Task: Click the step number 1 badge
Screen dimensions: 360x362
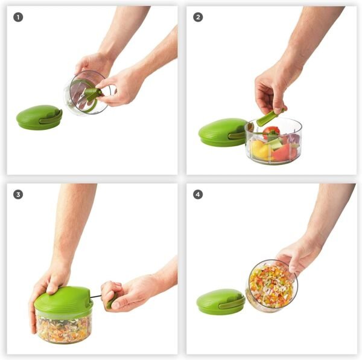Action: tap(18, 17)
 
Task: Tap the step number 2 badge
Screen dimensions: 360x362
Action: tap(197, 17)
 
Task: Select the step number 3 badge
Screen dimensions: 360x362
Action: tap(18, 194)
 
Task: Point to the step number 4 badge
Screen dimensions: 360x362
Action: tap(197, 194)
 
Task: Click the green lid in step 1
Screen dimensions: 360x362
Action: tap(37, 117)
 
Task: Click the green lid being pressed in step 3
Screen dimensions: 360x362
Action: tap(63, 300)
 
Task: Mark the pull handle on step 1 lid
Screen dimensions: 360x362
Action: tap(51, 119)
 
